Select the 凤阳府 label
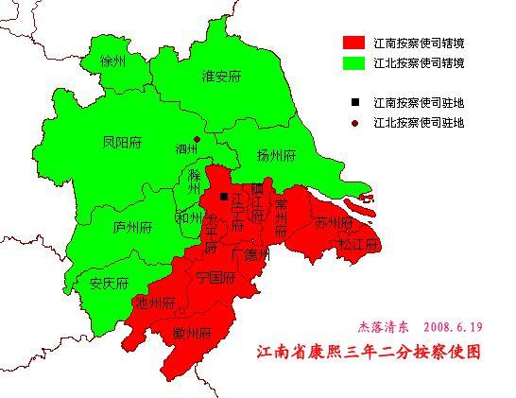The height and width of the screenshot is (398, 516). click(x=122, y=142)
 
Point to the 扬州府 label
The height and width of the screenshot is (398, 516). click(x=277, y=155)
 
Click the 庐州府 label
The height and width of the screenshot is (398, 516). click(x=132, y=227)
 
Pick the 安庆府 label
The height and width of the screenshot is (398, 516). click(x=109, y=283)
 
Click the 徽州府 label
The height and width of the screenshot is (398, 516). click(x=192, y=333)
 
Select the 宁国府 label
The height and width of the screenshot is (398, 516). click(x=215, y=277)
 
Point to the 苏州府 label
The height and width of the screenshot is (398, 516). click(x=334, y=224)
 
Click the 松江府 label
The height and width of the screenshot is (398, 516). click(x=358, y=244)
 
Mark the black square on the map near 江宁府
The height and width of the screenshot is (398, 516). click(x=224, y=197)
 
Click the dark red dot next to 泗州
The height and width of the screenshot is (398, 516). click(x=197, y=140)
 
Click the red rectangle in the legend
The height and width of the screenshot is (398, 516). click(x=353, y=43)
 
